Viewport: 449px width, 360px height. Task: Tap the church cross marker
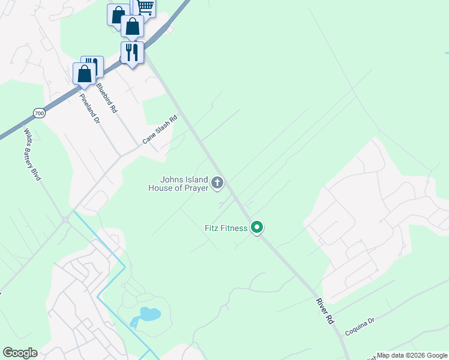217,182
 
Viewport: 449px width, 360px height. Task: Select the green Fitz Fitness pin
257,227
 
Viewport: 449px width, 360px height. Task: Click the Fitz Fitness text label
226,228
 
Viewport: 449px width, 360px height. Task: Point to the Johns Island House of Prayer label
178,184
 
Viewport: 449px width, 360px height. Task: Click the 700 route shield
39,113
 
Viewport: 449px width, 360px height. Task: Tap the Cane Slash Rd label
160,130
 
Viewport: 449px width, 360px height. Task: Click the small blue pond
149,314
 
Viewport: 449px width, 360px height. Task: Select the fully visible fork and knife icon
132,52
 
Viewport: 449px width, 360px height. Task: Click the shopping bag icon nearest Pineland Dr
85,73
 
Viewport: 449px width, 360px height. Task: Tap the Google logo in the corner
20,353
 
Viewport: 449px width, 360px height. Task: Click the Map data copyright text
412,355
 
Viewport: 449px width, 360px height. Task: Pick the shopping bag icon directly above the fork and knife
132,26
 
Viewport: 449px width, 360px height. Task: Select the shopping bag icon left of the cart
118,14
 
